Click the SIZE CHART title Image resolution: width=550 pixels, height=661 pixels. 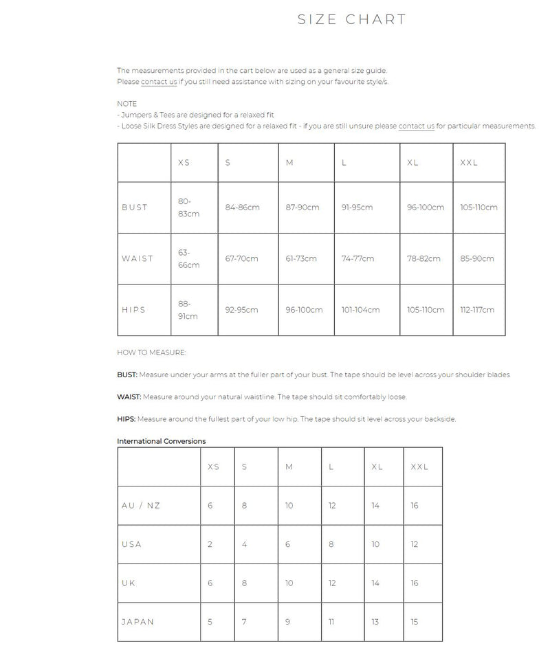click(351, 19)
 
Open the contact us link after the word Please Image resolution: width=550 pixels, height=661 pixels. click(159, 82)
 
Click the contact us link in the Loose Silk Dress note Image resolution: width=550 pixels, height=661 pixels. click(416, 126)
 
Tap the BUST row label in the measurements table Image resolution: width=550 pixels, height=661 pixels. click(135, 208)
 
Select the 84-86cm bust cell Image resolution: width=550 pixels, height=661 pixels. click(243, 208)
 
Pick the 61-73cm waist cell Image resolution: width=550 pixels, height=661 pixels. click(301, 258)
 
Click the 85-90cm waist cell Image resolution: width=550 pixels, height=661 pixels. click(477, 258)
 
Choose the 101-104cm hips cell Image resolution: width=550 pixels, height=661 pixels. click(360, 310)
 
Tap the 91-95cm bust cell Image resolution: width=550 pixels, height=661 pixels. click(357, 208)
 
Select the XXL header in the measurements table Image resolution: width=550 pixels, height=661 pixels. click(469, 163)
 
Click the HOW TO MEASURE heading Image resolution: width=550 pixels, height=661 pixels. click(151, 352)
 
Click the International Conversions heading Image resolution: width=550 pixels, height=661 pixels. click(162, 441)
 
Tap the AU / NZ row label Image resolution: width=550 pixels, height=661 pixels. click(141, 506)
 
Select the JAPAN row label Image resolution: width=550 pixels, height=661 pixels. click(137, 622)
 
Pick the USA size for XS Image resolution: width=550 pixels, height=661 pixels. click(210, 544)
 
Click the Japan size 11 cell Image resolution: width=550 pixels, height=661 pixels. click(331, 622)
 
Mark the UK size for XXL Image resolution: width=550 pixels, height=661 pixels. click(415, 583)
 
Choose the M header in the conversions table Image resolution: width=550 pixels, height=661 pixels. click(289, 467)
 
